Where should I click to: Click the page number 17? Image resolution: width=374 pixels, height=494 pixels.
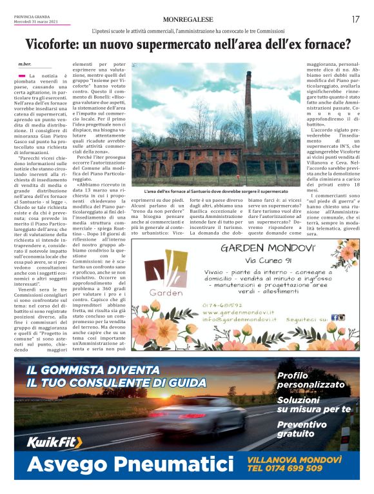click(355, 19)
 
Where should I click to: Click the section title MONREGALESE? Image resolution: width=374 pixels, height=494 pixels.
click(188, 19)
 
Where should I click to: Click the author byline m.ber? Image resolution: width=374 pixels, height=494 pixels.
click(25, 64)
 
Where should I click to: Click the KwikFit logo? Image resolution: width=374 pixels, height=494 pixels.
click(54, 442)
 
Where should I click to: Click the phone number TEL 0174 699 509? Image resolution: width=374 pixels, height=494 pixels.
click(286, 469)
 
